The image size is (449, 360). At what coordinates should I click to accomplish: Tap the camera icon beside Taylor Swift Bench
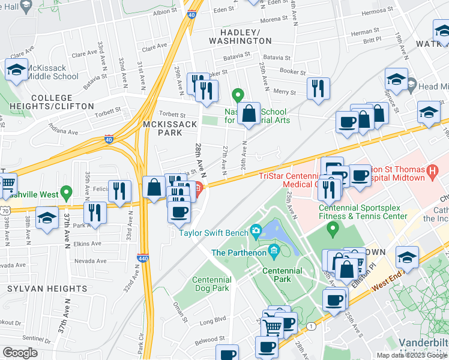pyautogui.click(x=256, y=230)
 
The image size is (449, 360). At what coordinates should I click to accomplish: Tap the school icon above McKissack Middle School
pyautogui.click(x=16, y=69)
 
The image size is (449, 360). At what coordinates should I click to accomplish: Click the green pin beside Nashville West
pyautogui.click(x=66, y=193)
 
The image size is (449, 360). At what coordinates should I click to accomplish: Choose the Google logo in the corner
pyautogui.click(x=20, y=353)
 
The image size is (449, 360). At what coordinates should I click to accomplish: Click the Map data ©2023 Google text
pyautogui.click(x=412, y=355)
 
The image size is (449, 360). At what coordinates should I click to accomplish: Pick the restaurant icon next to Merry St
pyautogui.click(x=318, y=88)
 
